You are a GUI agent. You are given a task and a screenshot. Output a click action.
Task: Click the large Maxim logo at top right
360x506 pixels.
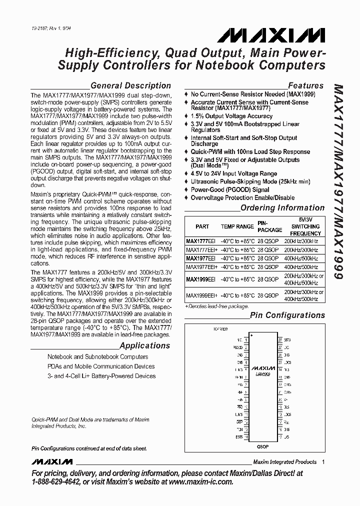(x=271, y=35)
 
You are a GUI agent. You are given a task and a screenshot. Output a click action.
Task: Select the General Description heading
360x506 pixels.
(x=130, y=85)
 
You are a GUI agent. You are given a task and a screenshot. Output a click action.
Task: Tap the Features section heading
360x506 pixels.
(x=306, y=85)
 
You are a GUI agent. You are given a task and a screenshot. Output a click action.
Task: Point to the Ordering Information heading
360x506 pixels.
(x=282, y=208)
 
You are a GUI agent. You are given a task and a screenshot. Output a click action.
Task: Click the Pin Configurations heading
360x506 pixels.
(x=287, y=315)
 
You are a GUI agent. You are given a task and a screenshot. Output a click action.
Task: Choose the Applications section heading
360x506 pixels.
(x=145, y=345)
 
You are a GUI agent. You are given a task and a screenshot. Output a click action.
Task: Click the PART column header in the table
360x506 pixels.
(x=202, y=226)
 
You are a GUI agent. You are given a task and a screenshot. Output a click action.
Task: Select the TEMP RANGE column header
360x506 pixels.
(x=237, y=226)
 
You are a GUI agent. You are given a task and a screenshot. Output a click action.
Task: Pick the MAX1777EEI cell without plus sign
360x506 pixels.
(x=200, y=240)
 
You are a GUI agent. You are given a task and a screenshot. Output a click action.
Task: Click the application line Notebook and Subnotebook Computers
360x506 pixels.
(x=97, y=357)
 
